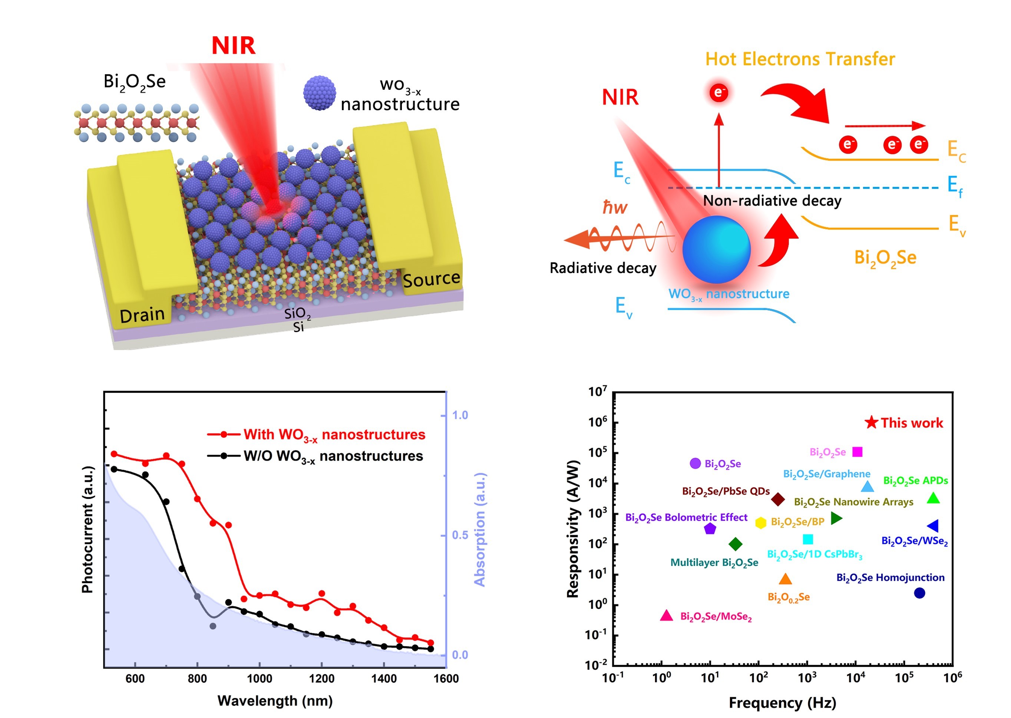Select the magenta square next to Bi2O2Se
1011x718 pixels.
tap(857, 452)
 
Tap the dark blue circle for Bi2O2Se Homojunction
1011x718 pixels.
tap(919, 593)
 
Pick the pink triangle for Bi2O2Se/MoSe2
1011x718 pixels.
tap(666, 615)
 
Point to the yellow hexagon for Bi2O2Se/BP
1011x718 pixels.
tap(760, 523)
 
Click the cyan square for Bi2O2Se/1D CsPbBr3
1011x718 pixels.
tap(808, 539)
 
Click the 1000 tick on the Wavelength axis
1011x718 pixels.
tap(260, 678)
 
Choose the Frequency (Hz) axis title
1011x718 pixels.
tap(783, 702)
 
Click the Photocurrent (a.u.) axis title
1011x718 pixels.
tap(88, 529)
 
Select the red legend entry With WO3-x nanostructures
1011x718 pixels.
tap(334, 435)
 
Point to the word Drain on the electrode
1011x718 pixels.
tap(142, 315)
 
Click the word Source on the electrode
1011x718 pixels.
tap(431, 279)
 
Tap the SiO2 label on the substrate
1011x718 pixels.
tap(297, 313)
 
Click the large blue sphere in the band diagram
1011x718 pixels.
tap(716, 249)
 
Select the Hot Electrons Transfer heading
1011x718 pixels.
tap(800, 59)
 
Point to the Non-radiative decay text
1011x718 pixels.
tap(772, 201)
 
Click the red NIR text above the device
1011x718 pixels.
tap(233, 46)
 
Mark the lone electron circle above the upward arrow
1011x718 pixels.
tap(718, 92)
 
